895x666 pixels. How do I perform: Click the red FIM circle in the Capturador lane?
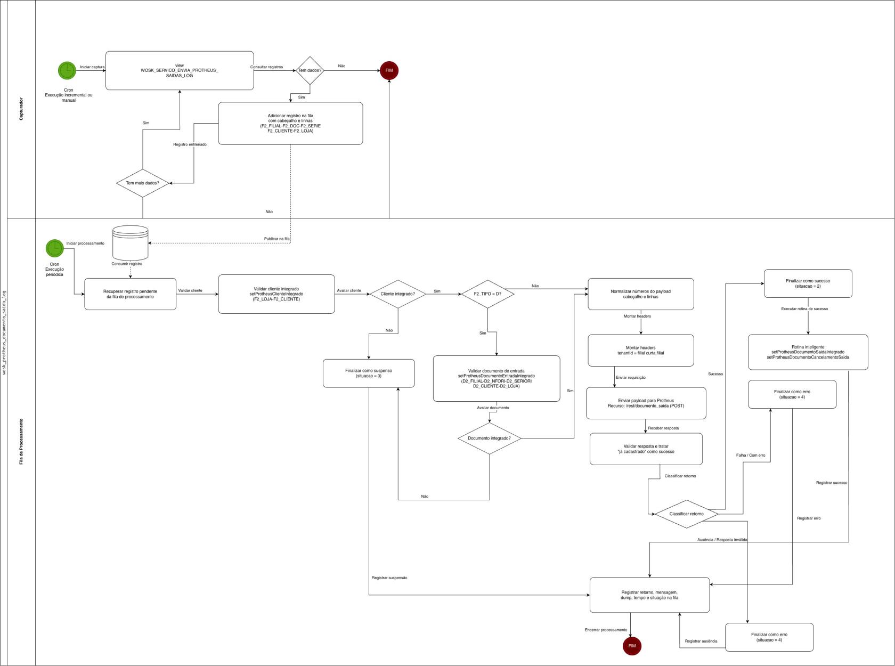(x=389, y=70)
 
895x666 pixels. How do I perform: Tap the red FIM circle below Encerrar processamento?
(x=632, y=646)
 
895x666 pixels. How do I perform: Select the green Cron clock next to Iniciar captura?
(x=67, y=70)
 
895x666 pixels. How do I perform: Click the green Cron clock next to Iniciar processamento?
(x=54, y=248)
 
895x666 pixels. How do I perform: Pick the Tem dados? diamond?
(x=310, y=70)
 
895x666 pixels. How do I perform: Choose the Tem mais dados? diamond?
(x=142, y=183)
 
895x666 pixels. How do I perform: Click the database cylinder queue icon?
(x=131, y=243)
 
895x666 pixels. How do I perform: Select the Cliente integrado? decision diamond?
(x=397, y=294)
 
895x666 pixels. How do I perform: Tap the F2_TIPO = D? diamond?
(x=487, y=294)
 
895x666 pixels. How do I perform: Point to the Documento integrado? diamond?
(x=489, y=438)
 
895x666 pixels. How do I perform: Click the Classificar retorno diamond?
(x=686, y=514)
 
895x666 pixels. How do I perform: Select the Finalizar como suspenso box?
(x=369, y=373)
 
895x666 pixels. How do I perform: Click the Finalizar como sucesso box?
(x=808, y=283)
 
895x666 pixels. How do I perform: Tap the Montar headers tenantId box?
(x=640, y=351)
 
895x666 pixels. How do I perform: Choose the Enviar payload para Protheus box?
(x=646, y=403)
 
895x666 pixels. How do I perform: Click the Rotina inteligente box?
(x=808, y=352)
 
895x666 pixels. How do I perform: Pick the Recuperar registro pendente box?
(x=130, y=294)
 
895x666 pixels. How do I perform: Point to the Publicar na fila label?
(x=276, y=239)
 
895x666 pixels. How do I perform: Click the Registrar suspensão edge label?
(x=389, y=578)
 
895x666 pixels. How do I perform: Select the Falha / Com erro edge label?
(x=751, y=456)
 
